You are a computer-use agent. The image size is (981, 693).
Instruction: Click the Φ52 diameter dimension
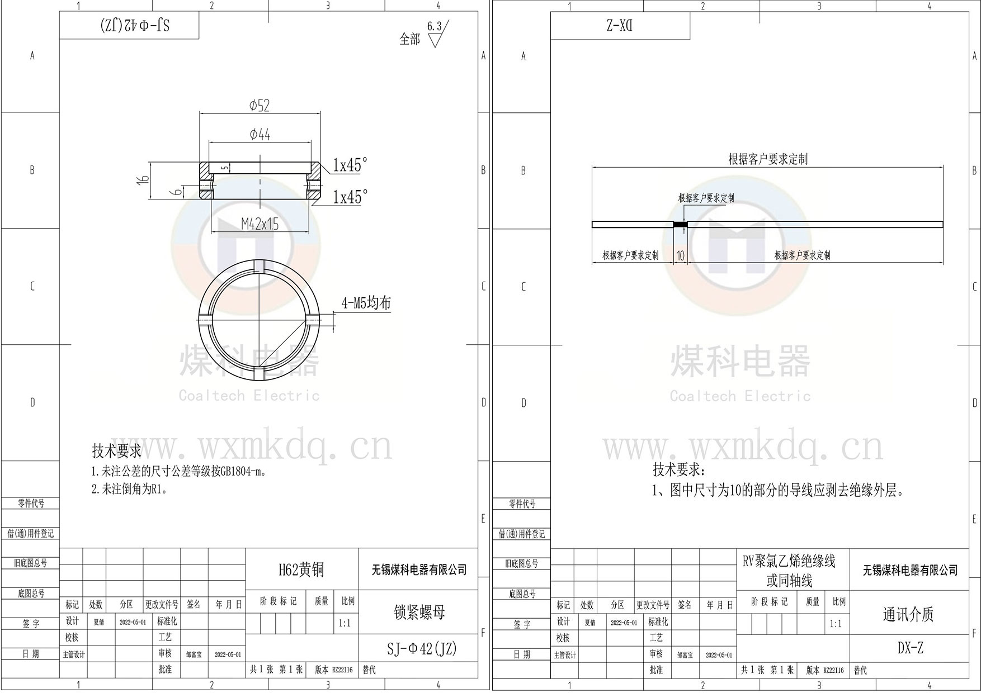259,106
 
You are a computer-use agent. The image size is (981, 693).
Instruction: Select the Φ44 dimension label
260,134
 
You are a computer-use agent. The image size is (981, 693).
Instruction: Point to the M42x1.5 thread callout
260,224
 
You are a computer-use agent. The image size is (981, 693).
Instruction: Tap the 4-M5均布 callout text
366,303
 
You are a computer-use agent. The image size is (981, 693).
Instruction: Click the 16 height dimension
144,179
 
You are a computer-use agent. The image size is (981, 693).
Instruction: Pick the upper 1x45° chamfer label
350,165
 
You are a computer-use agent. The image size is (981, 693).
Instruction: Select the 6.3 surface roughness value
434,26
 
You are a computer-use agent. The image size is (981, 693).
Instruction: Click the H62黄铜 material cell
301,569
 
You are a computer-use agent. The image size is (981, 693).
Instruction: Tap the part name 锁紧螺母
419,612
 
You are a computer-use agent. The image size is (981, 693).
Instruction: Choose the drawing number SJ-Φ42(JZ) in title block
422,648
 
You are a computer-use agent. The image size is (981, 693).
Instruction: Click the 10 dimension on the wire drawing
680,255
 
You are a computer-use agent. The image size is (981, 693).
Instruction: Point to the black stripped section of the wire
680,225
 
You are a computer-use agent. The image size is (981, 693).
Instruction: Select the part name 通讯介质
908,614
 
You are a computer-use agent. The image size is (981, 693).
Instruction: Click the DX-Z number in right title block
910,648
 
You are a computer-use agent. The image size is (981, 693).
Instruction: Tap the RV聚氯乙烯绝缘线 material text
789,561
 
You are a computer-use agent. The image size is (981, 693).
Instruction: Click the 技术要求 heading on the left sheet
116,450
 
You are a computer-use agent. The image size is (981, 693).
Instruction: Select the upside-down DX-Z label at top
619,26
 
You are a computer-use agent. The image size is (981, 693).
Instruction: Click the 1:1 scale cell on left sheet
345,623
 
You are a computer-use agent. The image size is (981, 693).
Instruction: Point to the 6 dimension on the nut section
177,192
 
